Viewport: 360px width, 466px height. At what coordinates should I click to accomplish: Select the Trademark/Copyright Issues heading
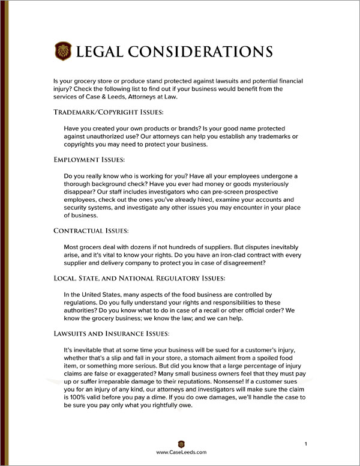pyautogui.click(x=109, y=112)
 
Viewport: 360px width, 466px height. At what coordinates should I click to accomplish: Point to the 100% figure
pyautogui.click(x=78, y=396)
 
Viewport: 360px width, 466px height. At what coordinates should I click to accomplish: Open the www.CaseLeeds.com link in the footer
pyautogui.click(x=181, y=452)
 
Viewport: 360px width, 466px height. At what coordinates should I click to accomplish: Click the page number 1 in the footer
pyautogui.click(x=306, y=443)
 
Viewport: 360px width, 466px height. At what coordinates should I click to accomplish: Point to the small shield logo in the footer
pyautogui.click(x=181, y=443)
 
